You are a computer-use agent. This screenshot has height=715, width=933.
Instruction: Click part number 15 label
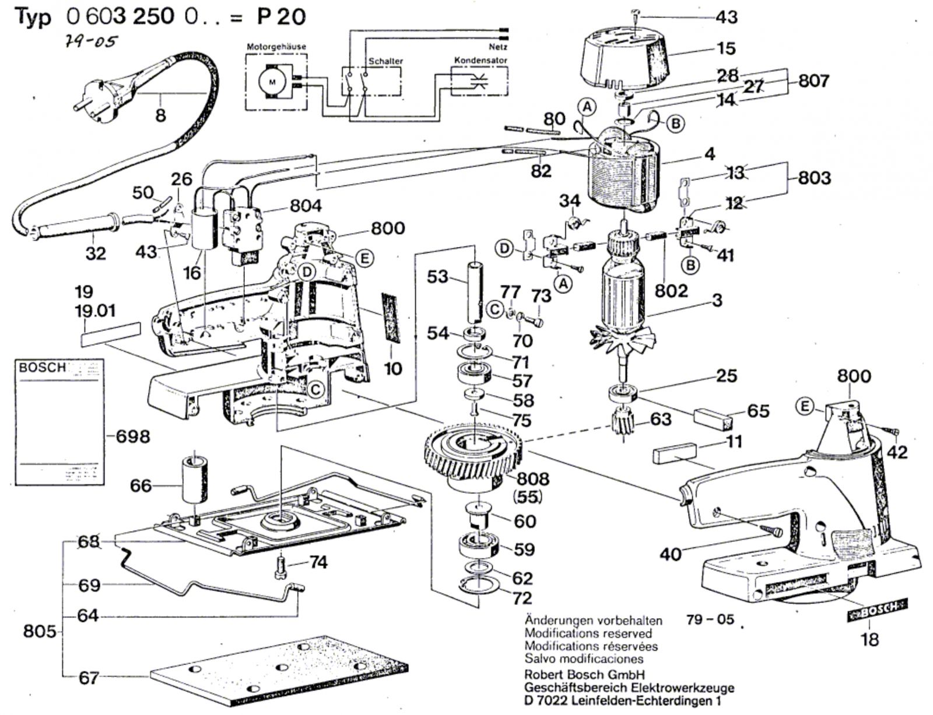(726, 48)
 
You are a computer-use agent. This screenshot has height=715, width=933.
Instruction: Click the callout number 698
(133, 436)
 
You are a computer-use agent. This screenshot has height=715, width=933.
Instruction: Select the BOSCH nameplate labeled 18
(876, 611)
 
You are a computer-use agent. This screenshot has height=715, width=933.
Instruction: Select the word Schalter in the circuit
(385, 61)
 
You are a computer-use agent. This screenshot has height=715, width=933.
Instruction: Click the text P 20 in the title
(280, 17)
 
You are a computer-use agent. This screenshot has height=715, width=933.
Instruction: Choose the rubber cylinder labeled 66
(195, 479)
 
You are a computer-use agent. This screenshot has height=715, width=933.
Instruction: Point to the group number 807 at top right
(813, 80)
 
